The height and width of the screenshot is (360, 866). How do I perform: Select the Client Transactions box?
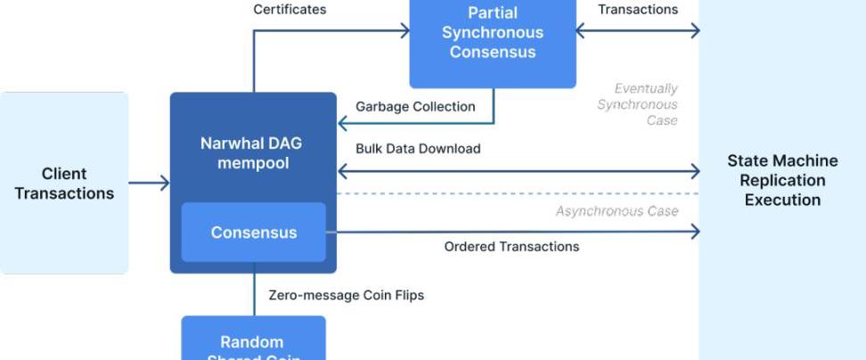click(x=64, y=183)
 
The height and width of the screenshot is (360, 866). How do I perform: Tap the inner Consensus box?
click(x=253, y=233)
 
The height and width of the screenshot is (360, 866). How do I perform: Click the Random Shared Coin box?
click(x=253, y=343)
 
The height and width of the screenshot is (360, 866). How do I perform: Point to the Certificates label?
click(x=290, y=10)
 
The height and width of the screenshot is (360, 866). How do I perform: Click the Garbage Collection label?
click(x=415, y=107)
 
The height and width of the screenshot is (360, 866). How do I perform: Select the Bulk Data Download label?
click(x=418, y=149)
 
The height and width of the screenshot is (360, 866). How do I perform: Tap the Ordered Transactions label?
click(x=511, y=247)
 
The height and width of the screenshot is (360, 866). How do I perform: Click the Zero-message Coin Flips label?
click(x=346, y=295)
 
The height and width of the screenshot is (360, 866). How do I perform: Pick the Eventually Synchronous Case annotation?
click(x=638, y=104)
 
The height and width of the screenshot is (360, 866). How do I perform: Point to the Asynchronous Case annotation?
click(x=617, y=211)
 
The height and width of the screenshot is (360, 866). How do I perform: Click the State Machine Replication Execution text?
click(x=782, y=180)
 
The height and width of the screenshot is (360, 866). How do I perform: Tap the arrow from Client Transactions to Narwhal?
click(x=149, y=184)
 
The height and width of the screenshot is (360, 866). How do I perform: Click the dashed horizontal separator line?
click(x=517, y=193)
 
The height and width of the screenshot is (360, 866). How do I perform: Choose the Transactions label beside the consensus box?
click(x=637, y=10)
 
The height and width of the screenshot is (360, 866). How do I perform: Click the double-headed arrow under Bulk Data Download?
click(x=517, y=170)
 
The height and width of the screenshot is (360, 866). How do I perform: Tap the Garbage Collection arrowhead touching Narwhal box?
click(x=343, y=124)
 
